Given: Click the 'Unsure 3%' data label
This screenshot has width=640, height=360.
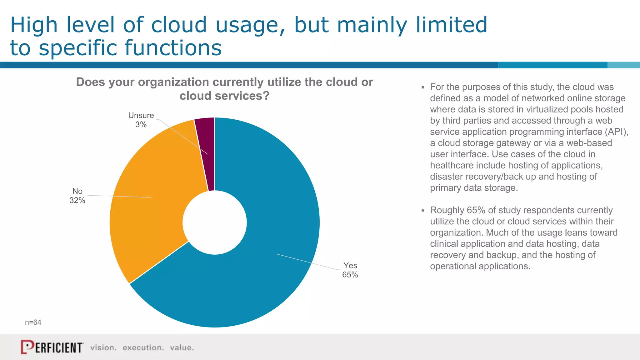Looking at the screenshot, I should point(141,120).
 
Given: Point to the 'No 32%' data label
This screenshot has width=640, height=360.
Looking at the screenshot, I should point(77,196).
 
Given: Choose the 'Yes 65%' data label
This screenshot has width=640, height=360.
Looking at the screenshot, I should point(350,270).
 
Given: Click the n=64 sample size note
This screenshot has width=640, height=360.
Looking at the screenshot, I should point(33,322).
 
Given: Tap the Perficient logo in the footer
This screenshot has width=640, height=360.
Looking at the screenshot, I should point(52,347).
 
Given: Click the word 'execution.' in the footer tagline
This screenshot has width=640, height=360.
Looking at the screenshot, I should point(143,347).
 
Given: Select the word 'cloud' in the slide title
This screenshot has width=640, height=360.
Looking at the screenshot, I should point(179,25).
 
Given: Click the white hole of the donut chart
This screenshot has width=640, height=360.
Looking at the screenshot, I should point(215,222).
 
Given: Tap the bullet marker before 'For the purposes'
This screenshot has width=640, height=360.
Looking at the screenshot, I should point(422,87).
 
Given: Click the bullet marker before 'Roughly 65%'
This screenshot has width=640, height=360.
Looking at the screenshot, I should point(422,211).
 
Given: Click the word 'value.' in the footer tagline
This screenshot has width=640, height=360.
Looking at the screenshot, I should point(182,347).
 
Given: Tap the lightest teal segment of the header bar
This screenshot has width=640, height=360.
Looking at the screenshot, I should point(623,65).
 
